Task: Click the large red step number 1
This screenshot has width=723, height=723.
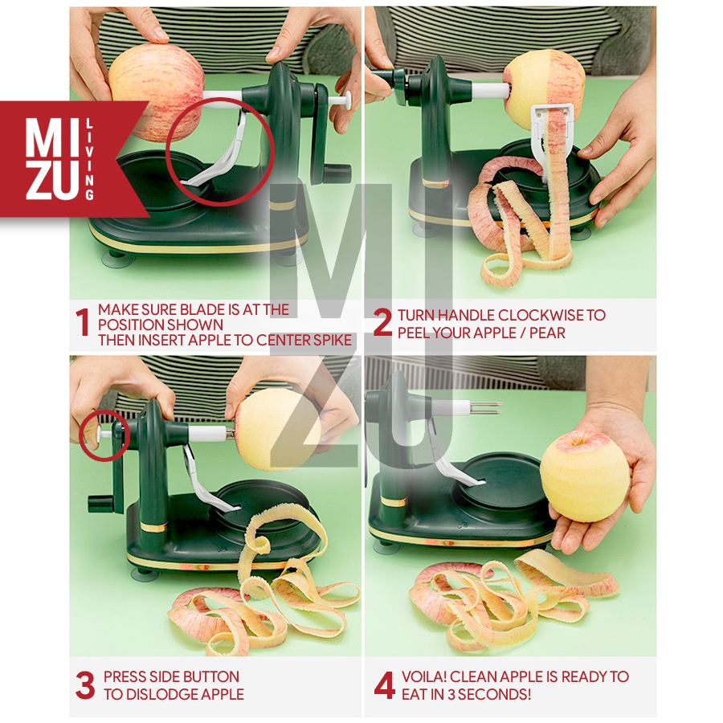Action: (x=82, y=322)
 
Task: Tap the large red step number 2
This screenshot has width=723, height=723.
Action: (x=382, y=322)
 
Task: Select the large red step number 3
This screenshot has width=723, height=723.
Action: (x=85, y=685)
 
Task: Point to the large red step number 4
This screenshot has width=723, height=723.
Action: (x=384, y=685)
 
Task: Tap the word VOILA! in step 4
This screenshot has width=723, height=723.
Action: (x=423, y=676)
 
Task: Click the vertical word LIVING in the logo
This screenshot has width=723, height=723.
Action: (x=89, y=160)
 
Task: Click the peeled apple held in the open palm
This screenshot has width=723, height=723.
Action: (x=584, y=476)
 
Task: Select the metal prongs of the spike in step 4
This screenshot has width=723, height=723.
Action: (x=486, y=408)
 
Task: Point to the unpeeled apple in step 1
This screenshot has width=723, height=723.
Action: (x=157, y=92)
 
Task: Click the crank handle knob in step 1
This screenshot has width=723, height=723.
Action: (x=337, y=174)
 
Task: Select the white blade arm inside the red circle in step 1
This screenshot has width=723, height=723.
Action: (x=220, y=152)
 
